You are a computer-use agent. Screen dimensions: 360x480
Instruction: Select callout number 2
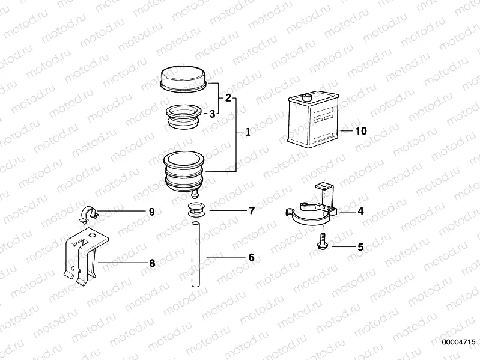pos(228,97)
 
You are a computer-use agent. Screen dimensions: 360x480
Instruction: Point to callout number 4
pos(360,211)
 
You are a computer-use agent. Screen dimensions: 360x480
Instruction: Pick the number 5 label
pos(360,246)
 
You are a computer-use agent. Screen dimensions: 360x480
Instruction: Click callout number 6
pos(251,257)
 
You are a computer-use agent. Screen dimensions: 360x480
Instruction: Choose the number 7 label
pos(251,210)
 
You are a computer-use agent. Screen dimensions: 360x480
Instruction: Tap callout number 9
pos(151,212)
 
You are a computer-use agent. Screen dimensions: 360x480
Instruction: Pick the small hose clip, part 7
pos(195,209)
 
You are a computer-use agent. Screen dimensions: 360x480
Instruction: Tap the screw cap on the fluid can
pos(307,94)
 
